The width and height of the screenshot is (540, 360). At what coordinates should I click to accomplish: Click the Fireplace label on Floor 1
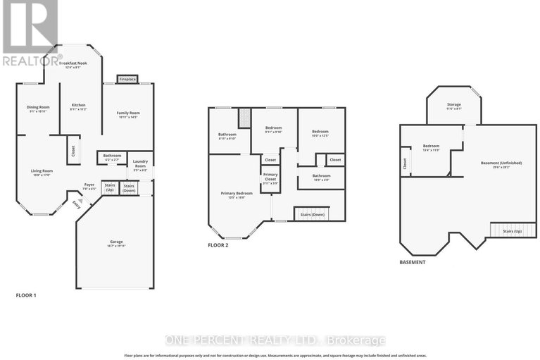pyautogui.click(x=127, y=79)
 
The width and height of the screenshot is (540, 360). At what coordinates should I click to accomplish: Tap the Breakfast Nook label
pyautogui.click(x=73, y=64)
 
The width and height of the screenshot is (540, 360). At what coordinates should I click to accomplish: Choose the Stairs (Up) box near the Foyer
pyautogui.click(x=110, y=187)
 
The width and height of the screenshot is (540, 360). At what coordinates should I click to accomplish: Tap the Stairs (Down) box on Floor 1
pyautogui.click(x=129, y=188)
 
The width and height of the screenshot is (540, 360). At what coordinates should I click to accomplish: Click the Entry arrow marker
pyautogui.click(x=77, y=204)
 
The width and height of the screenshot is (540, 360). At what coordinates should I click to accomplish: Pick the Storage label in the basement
pyautogui.click(x=454, y=106)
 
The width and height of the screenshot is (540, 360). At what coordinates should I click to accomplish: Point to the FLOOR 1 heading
pyautogui.click(x=26, y=294)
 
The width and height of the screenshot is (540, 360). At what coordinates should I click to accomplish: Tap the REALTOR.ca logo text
pyautogui.click(x=29, y=61)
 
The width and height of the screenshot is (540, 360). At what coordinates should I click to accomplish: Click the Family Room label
pyautogui.click(x=128, y=114)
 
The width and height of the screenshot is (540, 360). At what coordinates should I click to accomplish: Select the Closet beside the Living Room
pyautogui.click(x=72, y=151)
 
